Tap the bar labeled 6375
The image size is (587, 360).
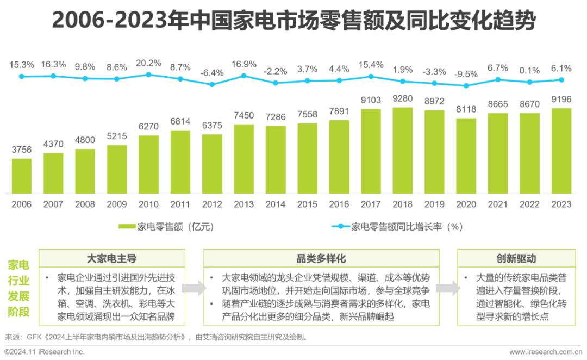pyautogui.click(x=212, y=164)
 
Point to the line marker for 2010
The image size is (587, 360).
pyautogui.click(x=148, y=75)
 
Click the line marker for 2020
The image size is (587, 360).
pyautogui.click(x=466, y=85)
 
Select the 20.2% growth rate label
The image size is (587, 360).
pyautogui.click(x=148, y=63)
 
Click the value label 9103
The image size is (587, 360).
pyautogui.click(x=371, y=101)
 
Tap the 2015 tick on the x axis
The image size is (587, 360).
pyautogui.click(x=307, y=204)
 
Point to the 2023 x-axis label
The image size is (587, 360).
pyautogui.click(x=561, y=204)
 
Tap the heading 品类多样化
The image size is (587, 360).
pyautogui.click(x=321, y=258)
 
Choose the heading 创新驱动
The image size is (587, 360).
pyautogui.click(x=516, y=258)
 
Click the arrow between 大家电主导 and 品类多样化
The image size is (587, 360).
pyautogui.click(x=194, y=288)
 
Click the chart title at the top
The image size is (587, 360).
pyautogui.click(x=293, y=22)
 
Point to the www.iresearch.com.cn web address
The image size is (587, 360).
pyautogui.click(x=544, y=352)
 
